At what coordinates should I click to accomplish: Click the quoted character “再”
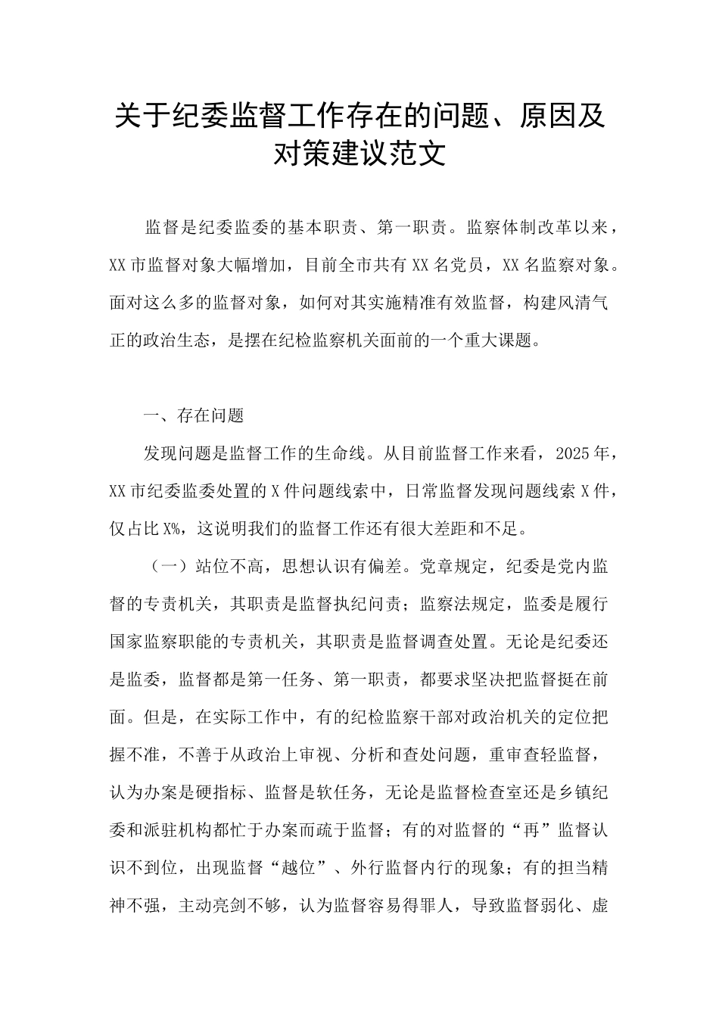point(530,830)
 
